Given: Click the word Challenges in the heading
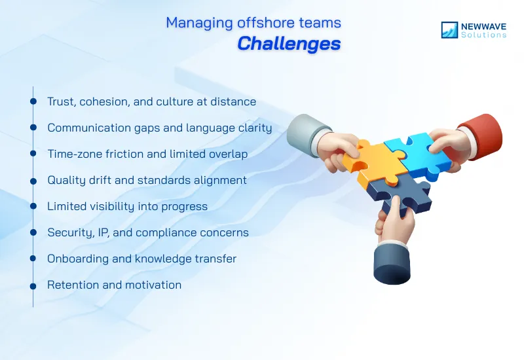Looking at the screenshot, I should tap(289, 43).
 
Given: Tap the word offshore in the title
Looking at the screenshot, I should tap(253, 22).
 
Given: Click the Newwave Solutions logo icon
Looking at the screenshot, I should tap(449, 29).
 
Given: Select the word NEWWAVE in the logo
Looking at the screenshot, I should tap(483, 26).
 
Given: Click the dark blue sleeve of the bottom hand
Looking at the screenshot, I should tap(392, 261).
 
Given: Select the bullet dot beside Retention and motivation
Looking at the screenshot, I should tap(33, 285).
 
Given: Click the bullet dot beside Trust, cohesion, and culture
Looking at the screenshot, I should tap(33, 101).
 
